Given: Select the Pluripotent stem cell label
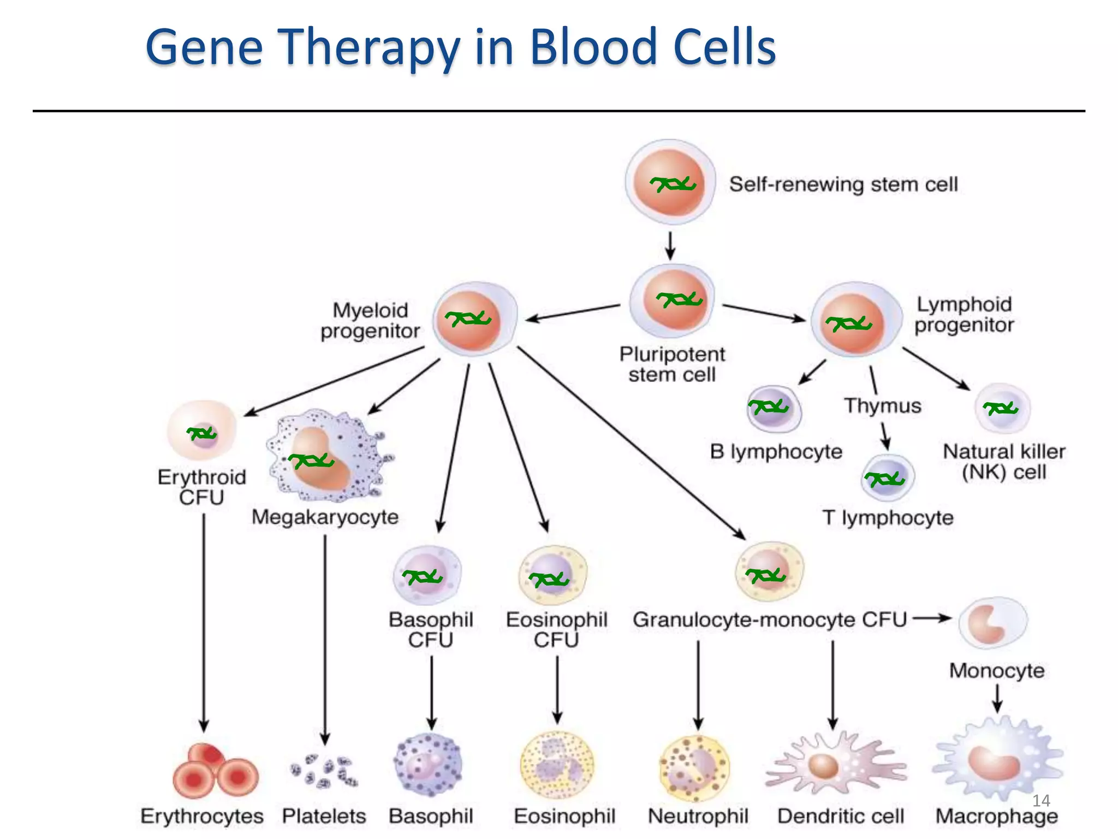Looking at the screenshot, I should pos(672,364).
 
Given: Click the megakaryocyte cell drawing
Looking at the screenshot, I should pos(328,456).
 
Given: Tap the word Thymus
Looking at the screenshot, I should pos(883,406).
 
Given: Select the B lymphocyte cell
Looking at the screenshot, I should pos(773,409).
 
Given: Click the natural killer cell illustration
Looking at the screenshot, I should pos(1002,409).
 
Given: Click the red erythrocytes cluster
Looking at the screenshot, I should pos(215,771).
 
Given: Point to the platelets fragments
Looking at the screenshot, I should pos(324,771).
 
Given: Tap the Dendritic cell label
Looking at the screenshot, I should pos(841,816).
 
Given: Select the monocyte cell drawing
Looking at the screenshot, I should pos(993,623).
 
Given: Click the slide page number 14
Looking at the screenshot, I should pos(1041,801).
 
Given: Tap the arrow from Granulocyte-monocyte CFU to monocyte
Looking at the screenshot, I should pos(932,618).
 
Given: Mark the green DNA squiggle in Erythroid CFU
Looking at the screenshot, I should pos(202,434).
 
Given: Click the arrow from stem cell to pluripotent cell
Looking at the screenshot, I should pos(670,245).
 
